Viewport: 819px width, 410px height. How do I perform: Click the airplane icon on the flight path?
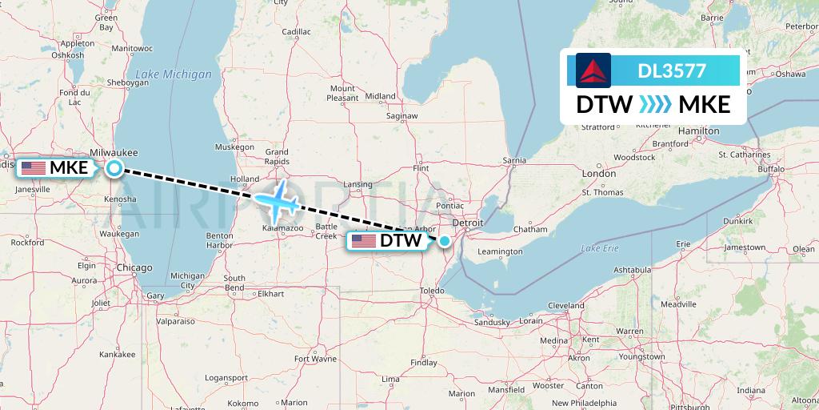pyautogui.click(x=276, y=199)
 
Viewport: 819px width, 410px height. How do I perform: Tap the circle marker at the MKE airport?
pyautogui.click(x=115, y=168)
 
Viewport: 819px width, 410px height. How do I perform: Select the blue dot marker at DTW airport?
pyautogui.click(x=445, y=240)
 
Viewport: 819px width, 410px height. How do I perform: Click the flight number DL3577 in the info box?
pyautogui.click(x=671, y=70)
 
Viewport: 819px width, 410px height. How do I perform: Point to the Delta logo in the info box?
pyautogui.click(x=593, y=70)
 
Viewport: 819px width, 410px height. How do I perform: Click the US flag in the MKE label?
pyautogui.click(x=33, y=168)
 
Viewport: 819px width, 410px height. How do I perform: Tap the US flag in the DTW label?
pyautogui.click(x=364, y=240)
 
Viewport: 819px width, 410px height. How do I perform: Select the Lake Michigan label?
pyautogui.click(x=174, y=74)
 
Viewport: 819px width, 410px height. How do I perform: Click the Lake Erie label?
pyautogui.click(x=600, y=248)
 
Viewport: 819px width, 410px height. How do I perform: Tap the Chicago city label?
pyautogui.click(x=134, y=267)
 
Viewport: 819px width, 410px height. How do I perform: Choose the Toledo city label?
pyautogui.click(x=432, y=290)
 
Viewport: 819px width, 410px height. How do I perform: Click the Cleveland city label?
pyautogui.click(x=566, y=305)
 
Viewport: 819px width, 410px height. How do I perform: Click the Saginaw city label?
pyautogui.click(x=402, y=115)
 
